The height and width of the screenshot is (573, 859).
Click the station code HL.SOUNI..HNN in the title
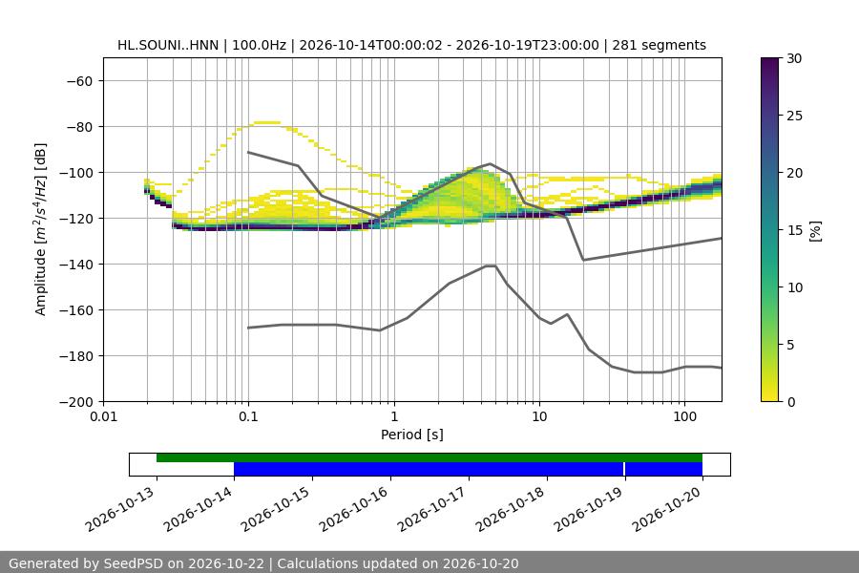tap(168, 45)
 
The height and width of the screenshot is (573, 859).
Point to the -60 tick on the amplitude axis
tap(79, 81)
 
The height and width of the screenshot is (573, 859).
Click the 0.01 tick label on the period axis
tap(103, 416)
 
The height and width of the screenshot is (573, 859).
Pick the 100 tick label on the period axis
tap(684, 416)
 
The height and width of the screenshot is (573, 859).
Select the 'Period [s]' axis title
tap(412, 435)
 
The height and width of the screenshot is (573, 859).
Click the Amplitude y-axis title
tap(40, 229)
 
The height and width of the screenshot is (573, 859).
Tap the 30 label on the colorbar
tap(794, 58)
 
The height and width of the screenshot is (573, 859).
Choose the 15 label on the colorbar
tap(794, 230)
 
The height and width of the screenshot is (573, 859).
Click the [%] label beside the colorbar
tap(816, 231)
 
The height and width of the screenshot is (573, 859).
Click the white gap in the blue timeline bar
tap(624, 469)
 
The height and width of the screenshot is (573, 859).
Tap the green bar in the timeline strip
tap(429, 457)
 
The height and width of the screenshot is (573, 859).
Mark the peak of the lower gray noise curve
tap(491, 265)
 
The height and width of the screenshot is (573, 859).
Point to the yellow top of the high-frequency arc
tap(267, 122)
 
